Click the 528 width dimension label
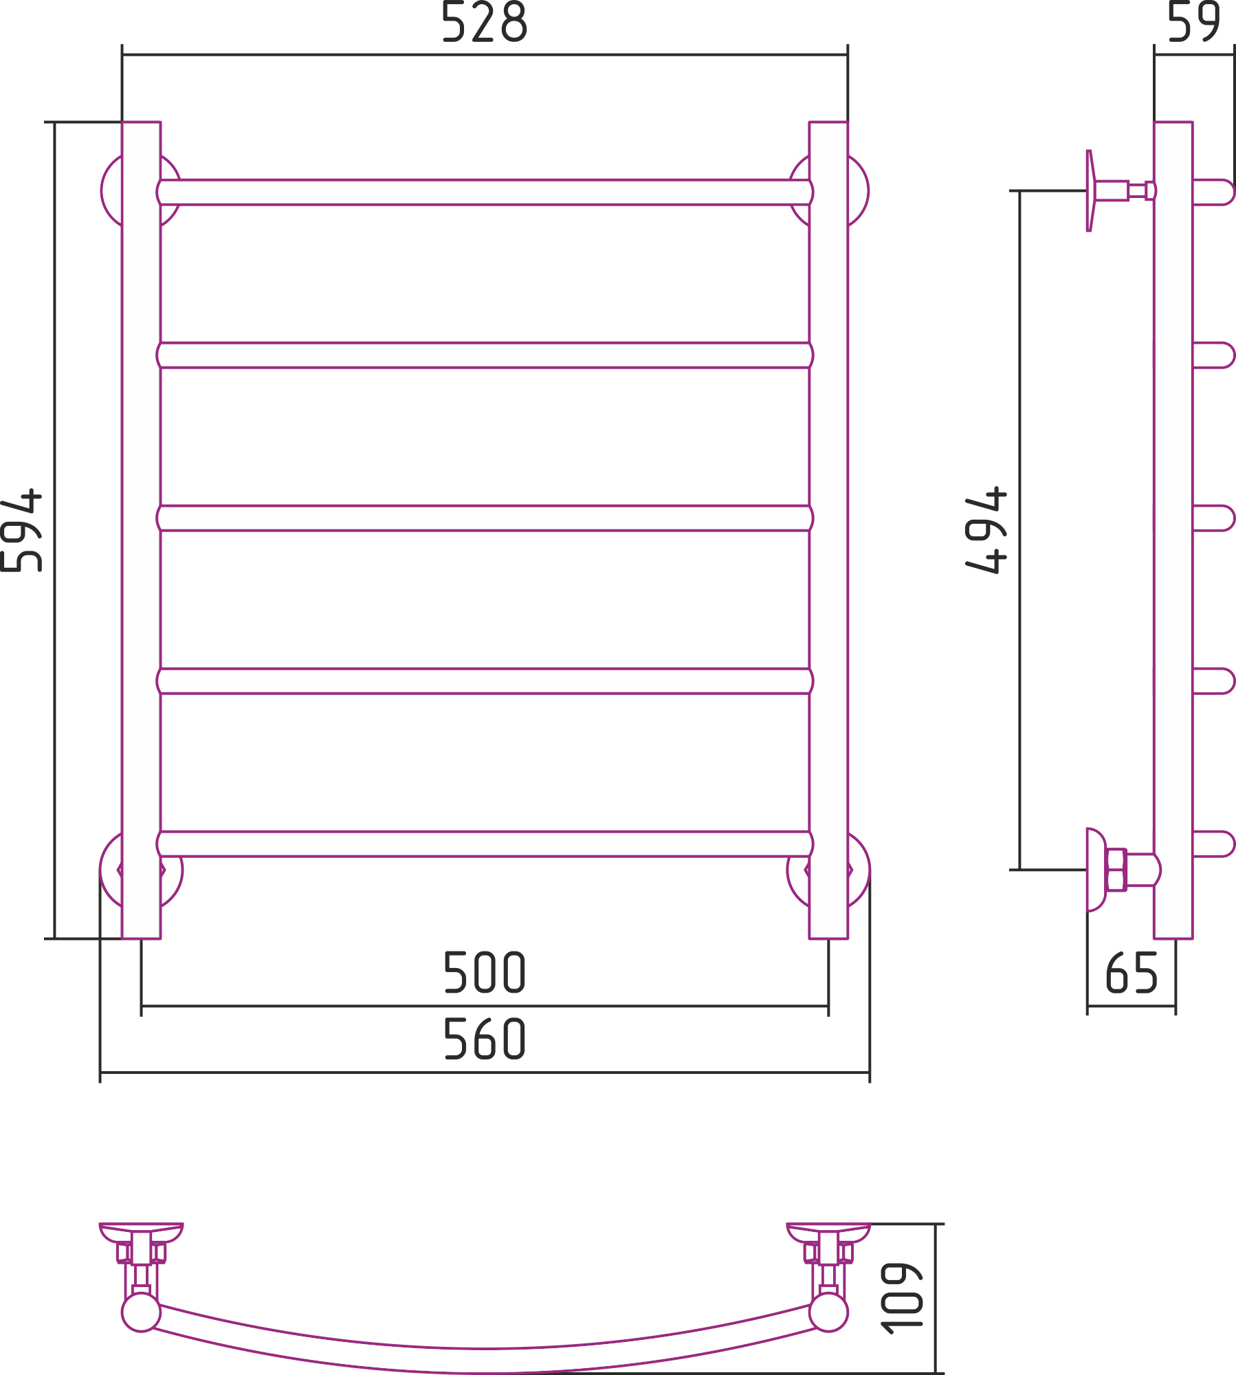(484, 22)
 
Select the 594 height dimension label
(21, 530)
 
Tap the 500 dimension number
(485, 972)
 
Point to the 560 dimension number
(485, 1039)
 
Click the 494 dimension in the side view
(986, 530)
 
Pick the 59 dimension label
(1194, 21)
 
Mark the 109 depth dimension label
(901, 1299)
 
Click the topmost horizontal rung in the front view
(485, 192)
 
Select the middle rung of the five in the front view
(485, 518)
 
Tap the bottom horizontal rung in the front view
(485, 844)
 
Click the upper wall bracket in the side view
(1090, 190)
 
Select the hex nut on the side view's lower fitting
(1116, 870)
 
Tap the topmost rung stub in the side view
(1214, 192)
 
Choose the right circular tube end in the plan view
(828, 1312)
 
